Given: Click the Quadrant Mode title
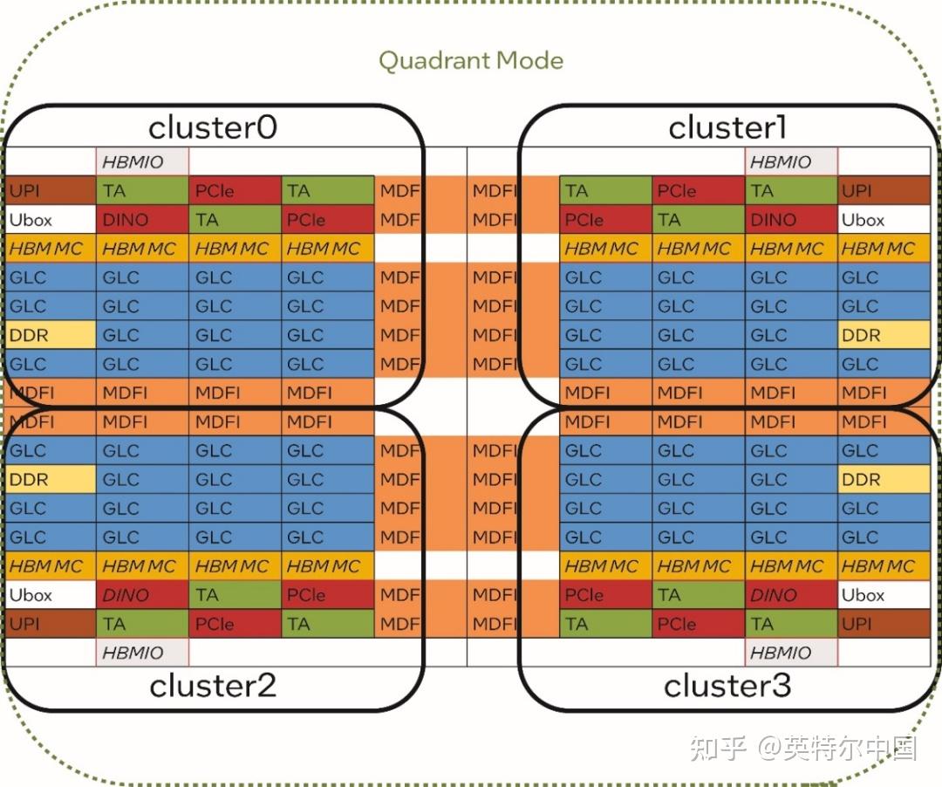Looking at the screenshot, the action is pos(471,61).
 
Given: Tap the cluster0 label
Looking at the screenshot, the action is pos(213,127).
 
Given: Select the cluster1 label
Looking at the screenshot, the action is pos(727,127).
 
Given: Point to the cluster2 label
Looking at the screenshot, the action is pos(213,686).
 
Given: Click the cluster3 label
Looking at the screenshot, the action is pos(727,686).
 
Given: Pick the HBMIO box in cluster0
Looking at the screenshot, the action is pos(142,161).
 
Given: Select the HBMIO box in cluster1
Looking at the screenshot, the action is pos(791,161).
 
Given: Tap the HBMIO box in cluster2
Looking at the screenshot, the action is pos(142,653).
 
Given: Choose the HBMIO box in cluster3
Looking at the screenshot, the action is pos(791,653).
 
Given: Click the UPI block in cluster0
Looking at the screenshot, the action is pos(51,190).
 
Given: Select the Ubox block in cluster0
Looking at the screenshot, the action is pos(51,219).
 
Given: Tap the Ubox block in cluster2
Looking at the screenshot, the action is pos(51,595).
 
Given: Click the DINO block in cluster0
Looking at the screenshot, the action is pos(142,219).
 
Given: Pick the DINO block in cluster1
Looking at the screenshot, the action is pos(791,219).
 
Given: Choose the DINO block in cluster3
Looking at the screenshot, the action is pos(791,595).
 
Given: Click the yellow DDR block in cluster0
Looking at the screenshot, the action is pos(51,335).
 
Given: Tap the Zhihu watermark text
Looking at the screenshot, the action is pos(803,748).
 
